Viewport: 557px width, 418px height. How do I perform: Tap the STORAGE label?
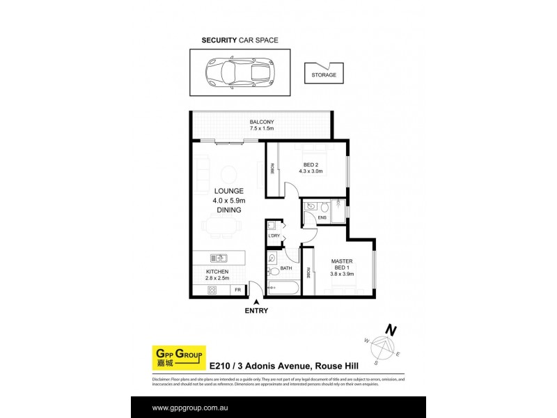[x=323, y=75]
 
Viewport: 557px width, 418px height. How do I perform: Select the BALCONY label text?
[x=262, y=122]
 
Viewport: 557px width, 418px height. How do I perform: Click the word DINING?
[x=228, y=210]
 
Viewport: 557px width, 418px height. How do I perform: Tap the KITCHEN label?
[x=217, y=272]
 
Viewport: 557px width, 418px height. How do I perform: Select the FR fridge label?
[x=237, y=289]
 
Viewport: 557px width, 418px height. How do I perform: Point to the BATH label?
[x=285, y=268]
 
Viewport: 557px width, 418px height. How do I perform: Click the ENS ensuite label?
[x=322, y=218]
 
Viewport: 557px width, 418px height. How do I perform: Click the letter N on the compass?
[x=392, y=330]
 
